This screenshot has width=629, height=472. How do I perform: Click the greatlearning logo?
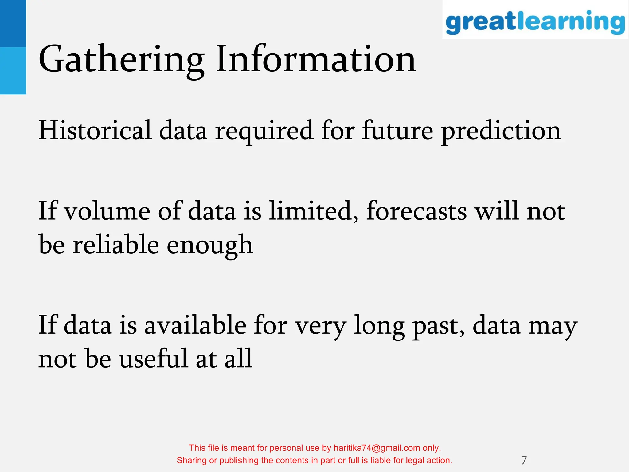click(535, 22)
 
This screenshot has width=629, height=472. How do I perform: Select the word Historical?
click(95, 130)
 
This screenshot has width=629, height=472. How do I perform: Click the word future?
click(397, 130)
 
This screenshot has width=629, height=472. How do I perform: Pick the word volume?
click(107, 211)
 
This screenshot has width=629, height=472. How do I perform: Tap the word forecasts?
click(416, 211)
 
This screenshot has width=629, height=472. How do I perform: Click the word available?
click(195, 325)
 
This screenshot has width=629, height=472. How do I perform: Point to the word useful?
click(153, 359)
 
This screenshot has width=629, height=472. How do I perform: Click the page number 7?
click(524, 460)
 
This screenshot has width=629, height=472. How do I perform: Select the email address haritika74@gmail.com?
click(377, 448)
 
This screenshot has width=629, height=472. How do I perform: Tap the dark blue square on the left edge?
click(13, 23)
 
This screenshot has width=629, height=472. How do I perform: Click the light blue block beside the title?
click(13, 71)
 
